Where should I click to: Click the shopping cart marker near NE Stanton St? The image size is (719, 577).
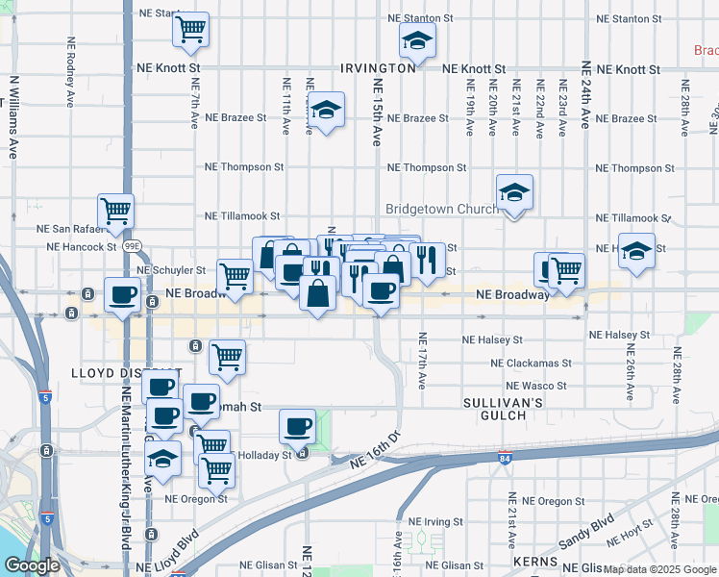190,29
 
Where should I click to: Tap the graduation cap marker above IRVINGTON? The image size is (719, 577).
416,41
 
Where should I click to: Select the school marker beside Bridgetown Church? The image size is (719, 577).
514,193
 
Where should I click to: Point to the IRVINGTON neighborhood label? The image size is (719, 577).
378,69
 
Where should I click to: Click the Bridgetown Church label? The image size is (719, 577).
439,209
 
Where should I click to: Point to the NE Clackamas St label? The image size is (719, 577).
531,364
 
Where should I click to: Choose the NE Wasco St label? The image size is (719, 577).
535,387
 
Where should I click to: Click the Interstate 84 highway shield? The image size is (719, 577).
506,458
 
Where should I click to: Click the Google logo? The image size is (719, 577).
32,565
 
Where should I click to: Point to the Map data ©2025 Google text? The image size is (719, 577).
659,570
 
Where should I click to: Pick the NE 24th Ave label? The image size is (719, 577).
585,94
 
